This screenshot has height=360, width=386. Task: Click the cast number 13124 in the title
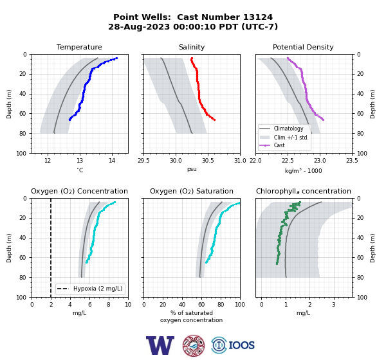tap(258, 17)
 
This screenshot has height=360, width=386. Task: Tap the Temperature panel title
tap(79, 47)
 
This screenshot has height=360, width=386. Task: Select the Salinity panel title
tap(192, 47)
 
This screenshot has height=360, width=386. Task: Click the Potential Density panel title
tap(303, 47)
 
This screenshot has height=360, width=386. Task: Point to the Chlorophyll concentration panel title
tap(304, 191)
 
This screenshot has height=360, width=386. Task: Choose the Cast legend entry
tap(272, 145)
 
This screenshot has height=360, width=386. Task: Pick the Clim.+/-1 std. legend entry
tap(284, 137)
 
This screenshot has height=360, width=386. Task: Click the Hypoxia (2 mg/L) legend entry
tap(90, 289)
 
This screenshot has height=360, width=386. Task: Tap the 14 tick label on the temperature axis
tap(112, 161)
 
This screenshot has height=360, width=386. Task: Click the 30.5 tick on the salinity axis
tap(208, 161)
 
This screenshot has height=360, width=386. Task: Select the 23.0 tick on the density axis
tap(320, 161)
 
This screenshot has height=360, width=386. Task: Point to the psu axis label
tap(192, 169)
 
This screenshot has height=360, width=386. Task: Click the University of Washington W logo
tap(160, 345)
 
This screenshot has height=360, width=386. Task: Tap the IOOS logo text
tap(241, 345)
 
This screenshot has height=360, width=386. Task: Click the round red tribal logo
tap(194, 345)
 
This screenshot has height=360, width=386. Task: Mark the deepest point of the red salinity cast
tap(214, 120)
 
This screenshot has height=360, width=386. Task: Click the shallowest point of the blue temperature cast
tap(116, 58)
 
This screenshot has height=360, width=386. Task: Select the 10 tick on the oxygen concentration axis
tap(128, 305)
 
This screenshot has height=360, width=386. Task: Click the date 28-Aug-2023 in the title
tap(139, 26)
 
